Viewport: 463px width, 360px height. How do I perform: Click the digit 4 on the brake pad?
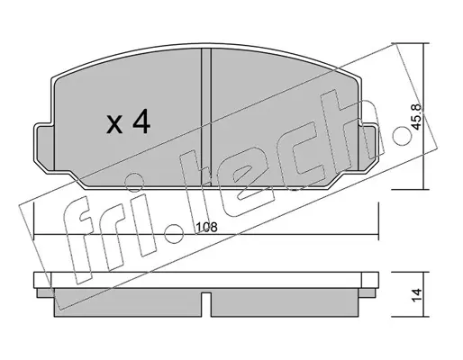click(141, 121)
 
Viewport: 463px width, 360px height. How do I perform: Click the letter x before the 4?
click(114, 125)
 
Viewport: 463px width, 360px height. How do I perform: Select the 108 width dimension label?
click(206, 227)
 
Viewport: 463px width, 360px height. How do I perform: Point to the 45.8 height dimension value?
click(416, 117)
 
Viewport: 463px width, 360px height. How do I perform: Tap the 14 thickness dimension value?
click(416, 295)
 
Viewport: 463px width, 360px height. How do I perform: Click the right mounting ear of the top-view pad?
click(367, 147)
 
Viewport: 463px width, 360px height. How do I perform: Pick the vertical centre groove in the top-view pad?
click(206, 117)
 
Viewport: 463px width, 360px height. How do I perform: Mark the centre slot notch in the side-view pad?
click(206, 304)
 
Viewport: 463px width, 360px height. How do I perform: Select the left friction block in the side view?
click(128, 302)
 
